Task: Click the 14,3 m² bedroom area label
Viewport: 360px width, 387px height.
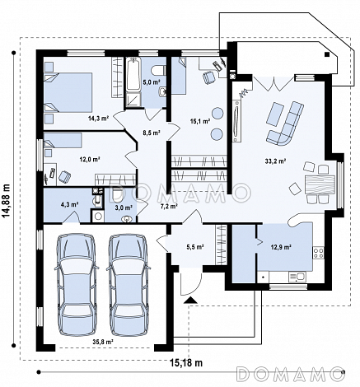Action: coord(99,119)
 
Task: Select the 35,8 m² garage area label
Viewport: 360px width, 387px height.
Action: coord(103,342)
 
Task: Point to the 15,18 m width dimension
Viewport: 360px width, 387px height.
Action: coord(186,363)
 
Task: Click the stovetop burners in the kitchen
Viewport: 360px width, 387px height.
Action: coord(318,253)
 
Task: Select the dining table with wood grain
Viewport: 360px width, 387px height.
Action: coord(320,184)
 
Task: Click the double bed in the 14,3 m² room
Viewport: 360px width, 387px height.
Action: coord(68,92)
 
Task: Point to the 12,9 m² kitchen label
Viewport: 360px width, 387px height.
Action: coord(281,247)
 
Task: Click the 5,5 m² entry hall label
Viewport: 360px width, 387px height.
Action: coord(195,247)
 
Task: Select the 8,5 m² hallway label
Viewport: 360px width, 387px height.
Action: coord(152,133)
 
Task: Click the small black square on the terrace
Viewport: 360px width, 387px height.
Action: coord(327,54)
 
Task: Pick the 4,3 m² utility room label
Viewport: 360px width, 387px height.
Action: coord(70,204)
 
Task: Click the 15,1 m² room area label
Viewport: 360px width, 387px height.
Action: coord(200,120)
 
